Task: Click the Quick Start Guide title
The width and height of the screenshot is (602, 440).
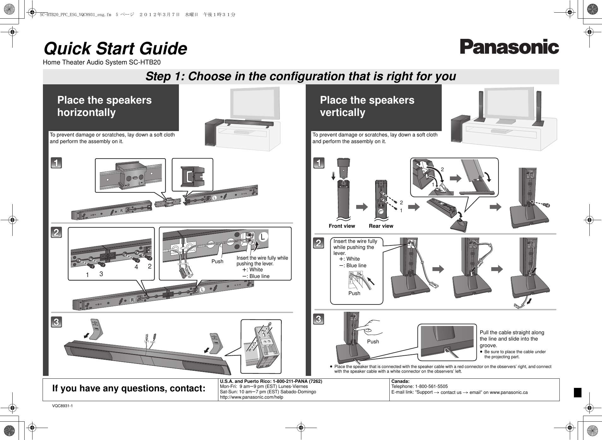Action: pos(115,49)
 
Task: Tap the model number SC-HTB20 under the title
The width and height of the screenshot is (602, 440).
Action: pos(145,63)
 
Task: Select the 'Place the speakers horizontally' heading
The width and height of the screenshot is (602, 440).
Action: pos(104,106)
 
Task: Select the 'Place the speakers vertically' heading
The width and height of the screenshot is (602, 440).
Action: pos(367,106)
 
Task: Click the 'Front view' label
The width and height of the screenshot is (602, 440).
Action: pos(342,226)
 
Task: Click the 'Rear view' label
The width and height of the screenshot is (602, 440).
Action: pos(381,226)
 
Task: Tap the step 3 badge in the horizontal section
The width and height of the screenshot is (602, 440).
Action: pos(56,322)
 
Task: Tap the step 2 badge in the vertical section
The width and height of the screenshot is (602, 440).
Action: pos(319,243)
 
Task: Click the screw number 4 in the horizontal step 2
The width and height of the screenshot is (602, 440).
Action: pos(136,267)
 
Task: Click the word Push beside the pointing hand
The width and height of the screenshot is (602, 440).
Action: pos(373,342)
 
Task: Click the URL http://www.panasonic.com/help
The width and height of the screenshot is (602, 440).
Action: pos(251,397)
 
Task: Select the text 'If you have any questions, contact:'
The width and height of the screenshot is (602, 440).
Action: pos(129,388)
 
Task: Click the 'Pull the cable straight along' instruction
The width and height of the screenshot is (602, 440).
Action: pos(511,333)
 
